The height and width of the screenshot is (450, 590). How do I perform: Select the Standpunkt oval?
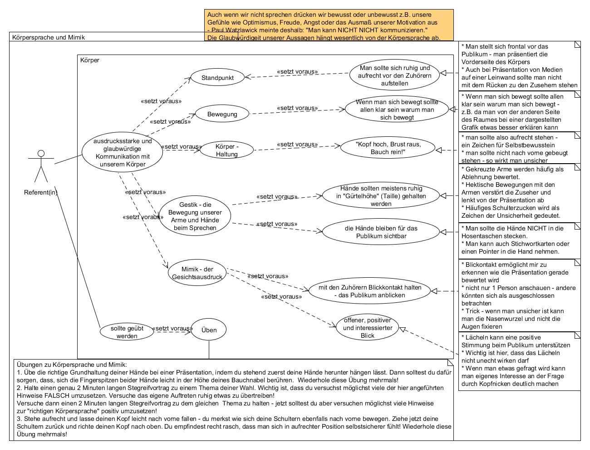(x=217, y=78)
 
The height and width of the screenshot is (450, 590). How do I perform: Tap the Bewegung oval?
(x=222, y=114)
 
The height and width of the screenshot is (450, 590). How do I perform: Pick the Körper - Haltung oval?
(x=226, y=150)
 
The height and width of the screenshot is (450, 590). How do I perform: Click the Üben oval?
(x=209, y=330)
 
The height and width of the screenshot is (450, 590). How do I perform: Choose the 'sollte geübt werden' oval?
(x=127, y=332)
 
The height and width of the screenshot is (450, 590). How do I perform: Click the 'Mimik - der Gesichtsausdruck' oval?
(x=197, y=273)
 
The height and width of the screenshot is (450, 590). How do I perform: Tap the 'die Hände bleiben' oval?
(x=381, y=232)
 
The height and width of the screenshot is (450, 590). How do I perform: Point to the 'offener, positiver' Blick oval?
(x=367, y=328)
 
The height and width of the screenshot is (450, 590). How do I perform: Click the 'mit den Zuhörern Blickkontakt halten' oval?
(x=369, y=291)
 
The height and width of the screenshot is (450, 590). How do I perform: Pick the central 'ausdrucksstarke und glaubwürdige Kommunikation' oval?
(x=123, y=153)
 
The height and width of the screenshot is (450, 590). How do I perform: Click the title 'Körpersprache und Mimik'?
(x=49, y=37)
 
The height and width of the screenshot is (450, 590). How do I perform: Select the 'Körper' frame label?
(x=89, y=60)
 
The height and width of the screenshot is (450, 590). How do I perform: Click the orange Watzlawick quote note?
(x=329, y=25)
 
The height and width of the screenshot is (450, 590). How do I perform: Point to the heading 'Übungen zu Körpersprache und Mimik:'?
(x=72, y=365)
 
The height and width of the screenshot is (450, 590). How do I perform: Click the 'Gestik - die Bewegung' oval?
(x=195, y=216)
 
